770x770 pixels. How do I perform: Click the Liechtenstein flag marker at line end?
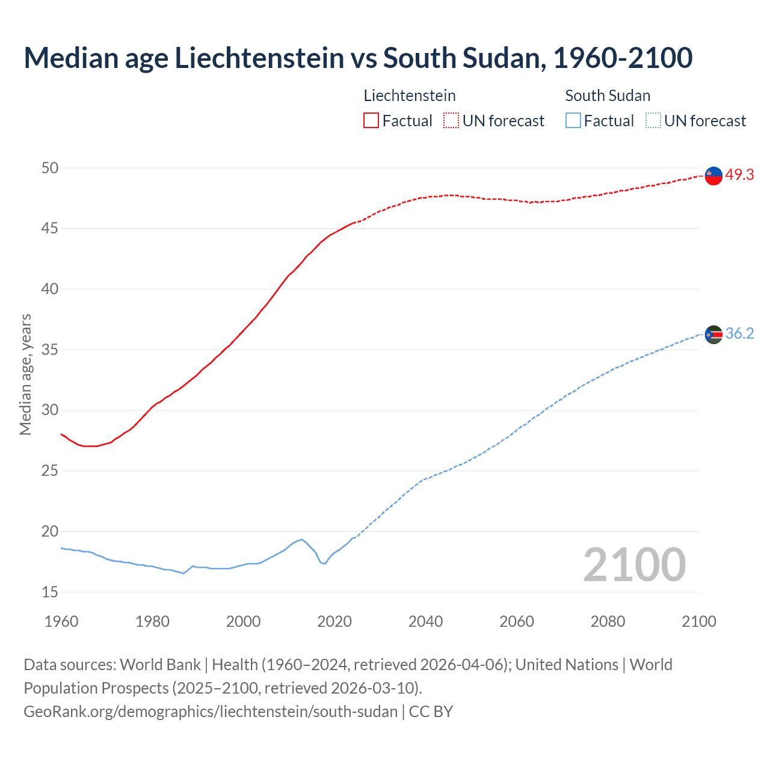point(713,175)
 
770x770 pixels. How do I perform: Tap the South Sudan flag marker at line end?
point(713,334)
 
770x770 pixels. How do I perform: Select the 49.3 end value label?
point(739,174)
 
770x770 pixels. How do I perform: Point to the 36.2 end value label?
point(739,333)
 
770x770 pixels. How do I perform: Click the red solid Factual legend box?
point(371,120)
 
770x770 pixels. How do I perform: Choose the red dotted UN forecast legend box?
point(451,120)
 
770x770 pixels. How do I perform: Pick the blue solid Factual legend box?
point(573,120)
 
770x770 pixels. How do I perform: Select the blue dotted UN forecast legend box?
point(653,120)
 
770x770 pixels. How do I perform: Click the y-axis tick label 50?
point(50,168)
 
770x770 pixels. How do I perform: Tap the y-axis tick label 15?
point(50,592)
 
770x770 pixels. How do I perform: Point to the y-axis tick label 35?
point(50,350)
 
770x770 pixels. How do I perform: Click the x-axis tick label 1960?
point(61,621)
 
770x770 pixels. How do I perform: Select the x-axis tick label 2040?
point(425,621)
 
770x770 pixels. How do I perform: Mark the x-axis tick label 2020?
point(334,621)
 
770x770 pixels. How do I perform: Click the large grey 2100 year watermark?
point(634,564)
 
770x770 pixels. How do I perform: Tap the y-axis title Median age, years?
point(25,374)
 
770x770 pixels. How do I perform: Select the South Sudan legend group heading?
point(608,96)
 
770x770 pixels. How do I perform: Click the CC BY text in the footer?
point(431,711)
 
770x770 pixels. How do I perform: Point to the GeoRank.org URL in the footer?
point(211,711)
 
